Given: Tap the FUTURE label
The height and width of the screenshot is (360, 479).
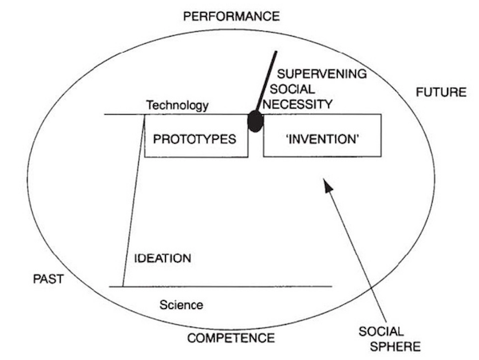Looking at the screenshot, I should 440,93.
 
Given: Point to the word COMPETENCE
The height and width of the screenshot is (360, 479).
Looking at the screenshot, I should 231,338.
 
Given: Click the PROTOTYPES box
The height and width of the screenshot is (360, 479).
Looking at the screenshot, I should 195,138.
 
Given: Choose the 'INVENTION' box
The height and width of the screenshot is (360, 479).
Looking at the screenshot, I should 322,138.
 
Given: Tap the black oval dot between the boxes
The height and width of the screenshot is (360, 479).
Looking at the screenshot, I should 255,122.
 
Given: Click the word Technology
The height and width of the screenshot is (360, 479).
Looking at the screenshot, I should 177,105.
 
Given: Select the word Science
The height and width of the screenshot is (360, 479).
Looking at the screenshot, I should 181,304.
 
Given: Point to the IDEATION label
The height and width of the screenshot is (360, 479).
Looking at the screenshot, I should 163,259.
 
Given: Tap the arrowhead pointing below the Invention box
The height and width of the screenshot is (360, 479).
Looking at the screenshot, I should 327,187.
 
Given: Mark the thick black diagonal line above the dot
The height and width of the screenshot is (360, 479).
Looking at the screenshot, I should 267,80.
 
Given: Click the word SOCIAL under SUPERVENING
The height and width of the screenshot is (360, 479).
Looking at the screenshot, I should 291,89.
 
